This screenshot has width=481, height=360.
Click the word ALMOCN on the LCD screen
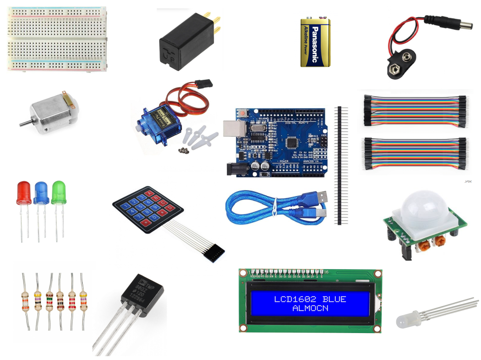click(310, 308)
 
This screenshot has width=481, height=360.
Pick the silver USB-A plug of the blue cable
click(318, 198)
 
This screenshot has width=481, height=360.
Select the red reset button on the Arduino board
click(243, 113)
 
